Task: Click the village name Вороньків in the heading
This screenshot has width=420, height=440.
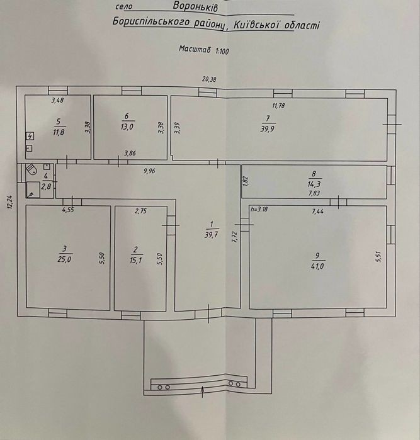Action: click(195, 6)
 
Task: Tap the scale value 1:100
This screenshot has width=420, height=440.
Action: click(222, 51)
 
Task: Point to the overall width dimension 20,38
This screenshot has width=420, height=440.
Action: click(209, 79)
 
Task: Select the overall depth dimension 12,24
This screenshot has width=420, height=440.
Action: click(10, 201)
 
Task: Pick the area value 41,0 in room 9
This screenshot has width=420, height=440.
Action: click(317, 266)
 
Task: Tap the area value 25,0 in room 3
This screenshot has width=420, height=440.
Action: click(64, 259)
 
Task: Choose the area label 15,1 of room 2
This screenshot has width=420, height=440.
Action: click(135, 261)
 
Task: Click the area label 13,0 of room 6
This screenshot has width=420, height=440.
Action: click(127, 127)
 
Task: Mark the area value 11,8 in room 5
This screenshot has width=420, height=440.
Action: click(59, 132)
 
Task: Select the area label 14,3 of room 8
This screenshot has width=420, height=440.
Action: click(314, 184)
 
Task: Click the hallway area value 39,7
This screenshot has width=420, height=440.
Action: click(211, 235)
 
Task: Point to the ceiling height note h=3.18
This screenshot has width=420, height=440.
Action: click(259, 209)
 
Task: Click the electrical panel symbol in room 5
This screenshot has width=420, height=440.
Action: click(30, 137)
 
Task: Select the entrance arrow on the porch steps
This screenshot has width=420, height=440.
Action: click(203, 392)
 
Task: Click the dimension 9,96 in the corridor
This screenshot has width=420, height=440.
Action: click(149, 171)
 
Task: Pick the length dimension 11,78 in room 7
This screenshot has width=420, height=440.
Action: click(278, 106)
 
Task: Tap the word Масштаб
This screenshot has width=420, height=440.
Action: click(195, 49)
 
